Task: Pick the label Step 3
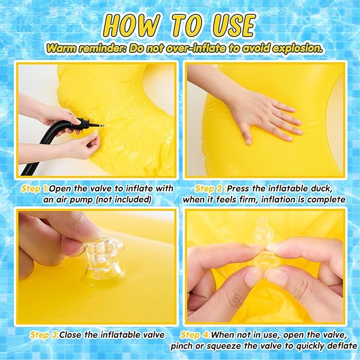pyautogui.click(x=44, y=335)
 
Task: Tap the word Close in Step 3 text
pyautogui.click(x=71, y=335)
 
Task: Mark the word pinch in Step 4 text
pyautogui.click(x=182, y=346)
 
